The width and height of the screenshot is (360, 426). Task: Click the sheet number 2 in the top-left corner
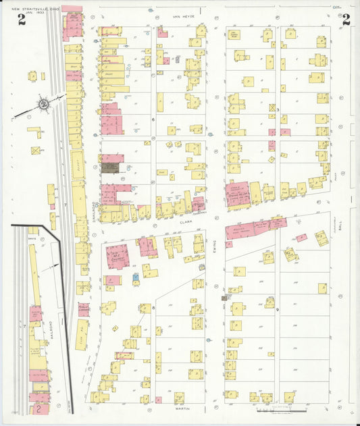[22, 20]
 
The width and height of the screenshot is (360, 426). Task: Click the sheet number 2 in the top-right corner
[346, 20]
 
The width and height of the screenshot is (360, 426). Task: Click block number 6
[153, 119]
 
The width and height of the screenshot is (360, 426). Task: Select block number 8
[153, 307]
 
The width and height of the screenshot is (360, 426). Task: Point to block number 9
[276, 307]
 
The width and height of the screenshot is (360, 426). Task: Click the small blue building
[136, 277]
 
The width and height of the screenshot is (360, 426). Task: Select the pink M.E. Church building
[118, 257]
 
